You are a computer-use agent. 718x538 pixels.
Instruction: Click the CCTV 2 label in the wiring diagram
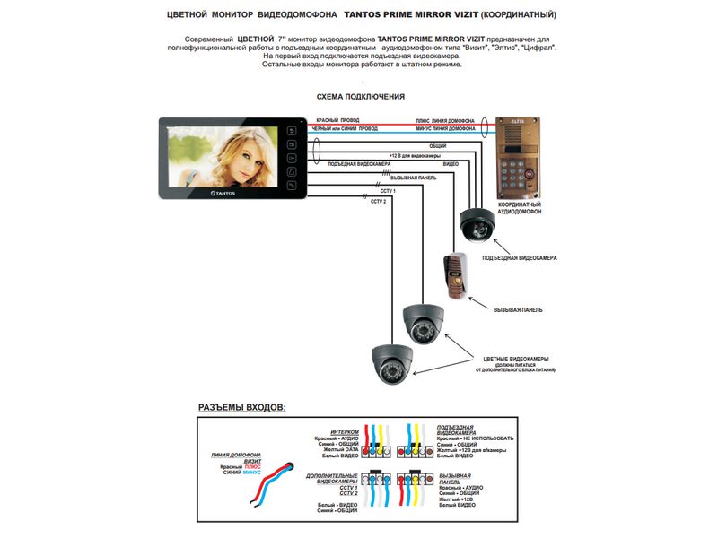[378, 202]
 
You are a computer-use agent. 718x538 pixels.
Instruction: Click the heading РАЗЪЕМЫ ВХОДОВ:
[242, 407]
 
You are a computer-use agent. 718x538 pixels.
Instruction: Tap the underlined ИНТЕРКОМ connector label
[344, 430]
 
